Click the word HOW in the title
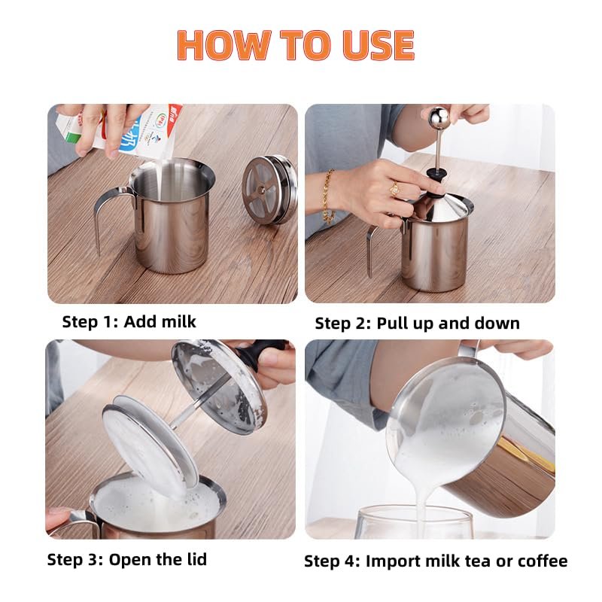224,45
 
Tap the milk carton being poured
126,130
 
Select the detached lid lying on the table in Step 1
269,190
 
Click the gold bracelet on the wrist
327,196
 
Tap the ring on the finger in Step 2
394,189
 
